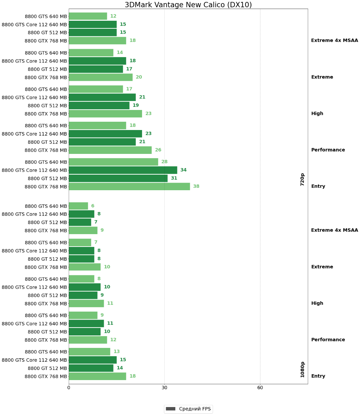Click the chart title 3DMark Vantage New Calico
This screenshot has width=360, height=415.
click(x=188, y=5)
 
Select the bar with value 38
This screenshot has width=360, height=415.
click(x=129, y=187)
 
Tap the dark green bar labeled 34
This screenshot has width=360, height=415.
click(x=123, y=170)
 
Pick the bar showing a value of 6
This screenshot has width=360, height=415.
click(x=79, y=206)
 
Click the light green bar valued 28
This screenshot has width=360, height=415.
click(x=113, y=162)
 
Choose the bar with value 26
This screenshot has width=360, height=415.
click(x=110, y=150)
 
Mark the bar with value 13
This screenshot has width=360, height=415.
click(x=90, y=352)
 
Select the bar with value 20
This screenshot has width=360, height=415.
click(x=101, y=77)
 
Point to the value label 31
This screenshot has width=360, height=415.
click(x=174, y=178)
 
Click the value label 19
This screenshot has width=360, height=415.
click(x=136, y=105)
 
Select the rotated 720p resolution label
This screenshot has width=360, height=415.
click(x=303, y=179)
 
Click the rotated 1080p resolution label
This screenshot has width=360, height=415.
click(x=303, y=369)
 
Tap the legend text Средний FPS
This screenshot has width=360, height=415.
click(x=195, y=409)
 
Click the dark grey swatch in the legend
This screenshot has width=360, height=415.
click(x=170, y=409)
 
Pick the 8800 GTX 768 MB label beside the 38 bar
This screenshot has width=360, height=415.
click(x=46, y=187)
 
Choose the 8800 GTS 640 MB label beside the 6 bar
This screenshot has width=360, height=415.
click(x=46, y=206)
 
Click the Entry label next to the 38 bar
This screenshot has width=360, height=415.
click(x=318, y=186)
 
